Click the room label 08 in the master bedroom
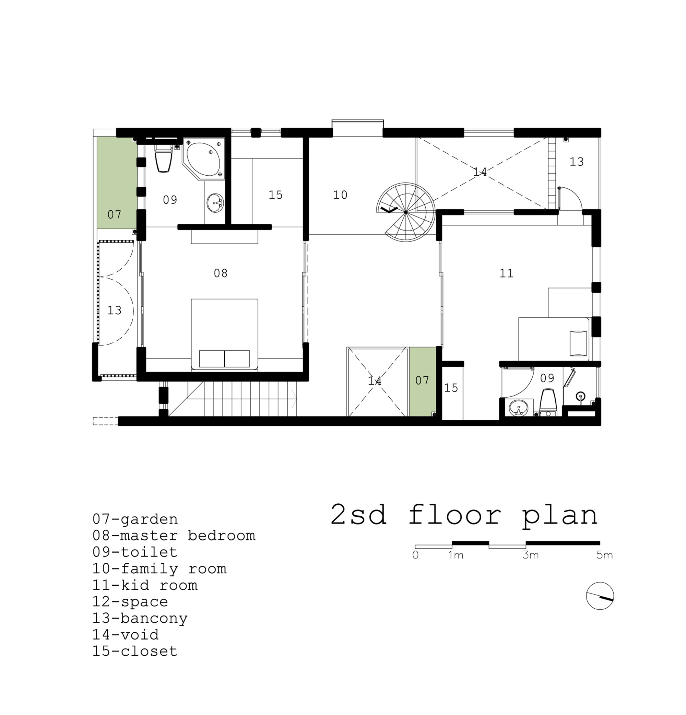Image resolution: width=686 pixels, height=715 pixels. (x=220, y=273)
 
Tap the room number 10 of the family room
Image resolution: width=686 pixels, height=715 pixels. (x=340, y=195)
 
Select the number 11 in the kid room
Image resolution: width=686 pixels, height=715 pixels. (x=506, y=273)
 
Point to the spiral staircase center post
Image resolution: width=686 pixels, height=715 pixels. (x=405, y=212)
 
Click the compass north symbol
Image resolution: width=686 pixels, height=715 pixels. (x=600, y=596)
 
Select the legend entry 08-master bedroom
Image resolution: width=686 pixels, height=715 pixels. (x=174, y=536)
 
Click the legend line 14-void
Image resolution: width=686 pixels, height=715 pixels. (x=126, y=635)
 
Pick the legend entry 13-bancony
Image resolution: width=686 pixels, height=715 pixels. (x=140, y=618)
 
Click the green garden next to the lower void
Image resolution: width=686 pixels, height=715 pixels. (x=423, y=381)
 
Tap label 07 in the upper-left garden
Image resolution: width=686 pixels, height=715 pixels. (x=114, y=214)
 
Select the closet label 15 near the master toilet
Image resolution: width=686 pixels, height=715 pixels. (x=275, y=195)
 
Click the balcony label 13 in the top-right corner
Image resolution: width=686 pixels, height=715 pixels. (x=577, y=162)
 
